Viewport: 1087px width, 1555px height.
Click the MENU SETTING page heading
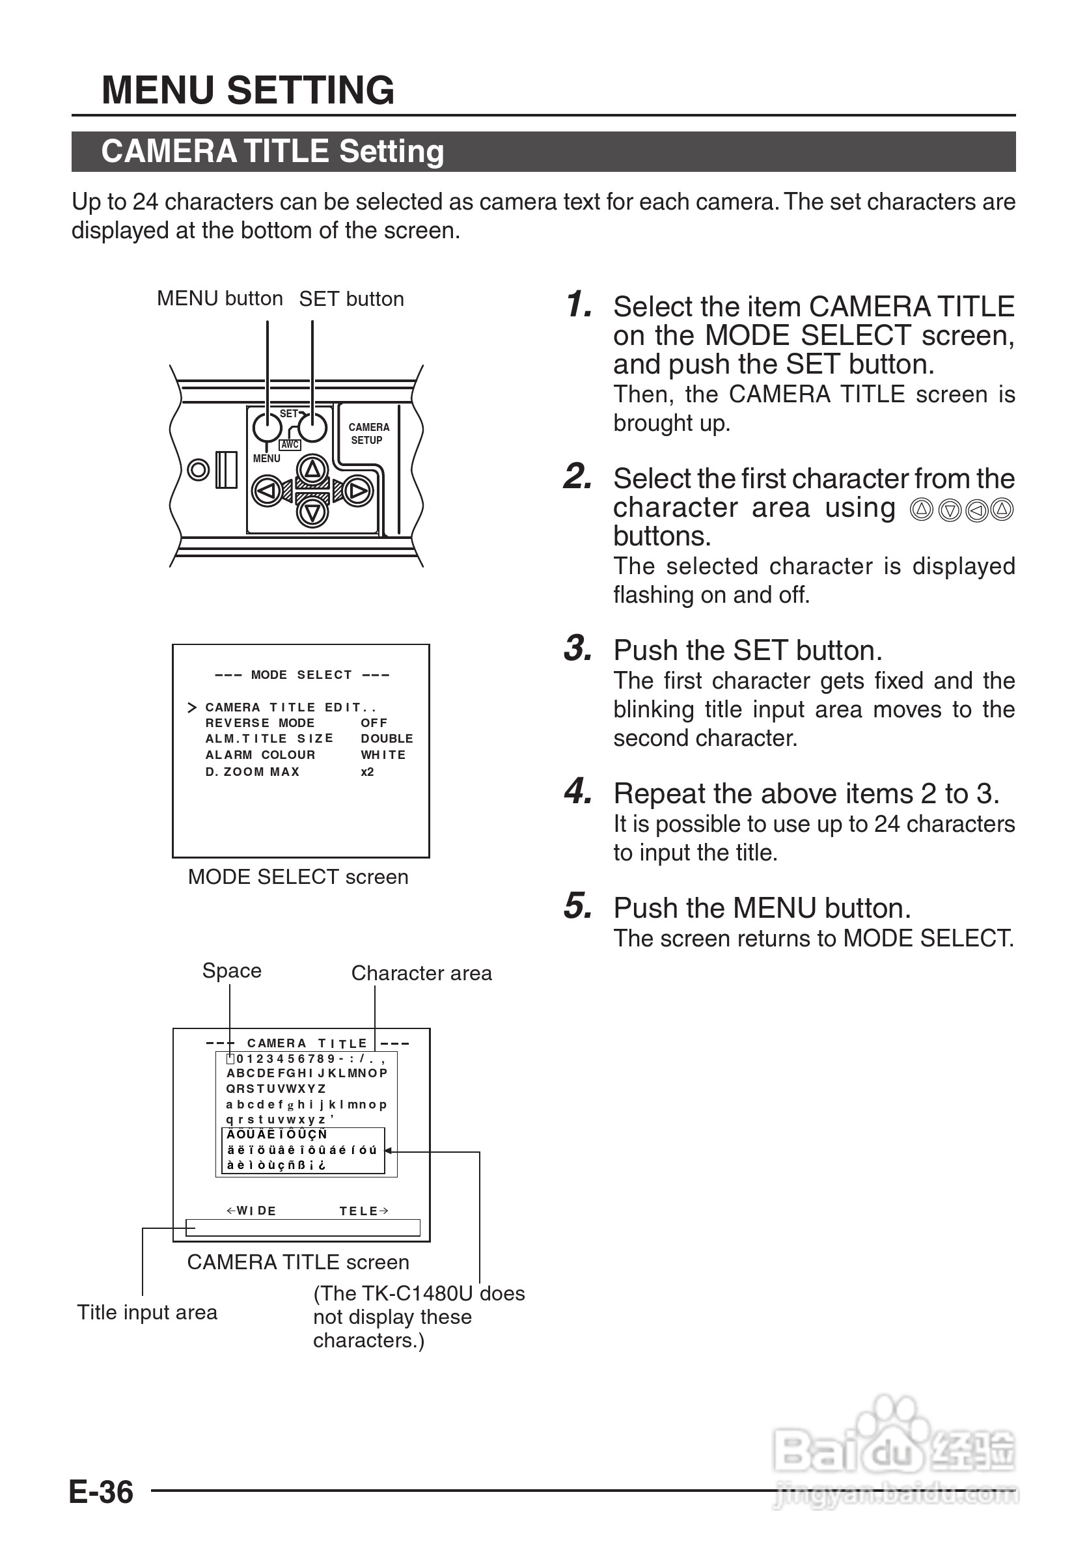pyautogui.click(x=247, y=90)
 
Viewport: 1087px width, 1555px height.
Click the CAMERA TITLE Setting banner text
pyautogui.click(x=272, y=151)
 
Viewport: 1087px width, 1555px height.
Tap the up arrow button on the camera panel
pyautogui.click(x=312, y=469)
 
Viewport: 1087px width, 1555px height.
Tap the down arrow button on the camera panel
pyautogui.click(x=312, y=513)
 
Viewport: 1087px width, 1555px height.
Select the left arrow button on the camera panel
pyautogui.click(x=267, y=490)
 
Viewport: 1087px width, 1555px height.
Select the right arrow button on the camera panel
pyautogui.click(x=357, y=490)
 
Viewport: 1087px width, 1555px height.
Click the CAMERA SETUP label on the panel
pyautogui.click(x=368, y=433)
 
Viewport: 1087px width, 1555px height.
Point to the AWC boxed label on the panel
pyautogui.click(x=290, y=445)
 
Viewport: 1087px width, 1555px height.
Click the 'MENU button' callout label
pyautogui.click(x=219, y=299)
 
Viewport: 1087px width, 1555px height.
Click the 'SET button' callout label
pyautogui.click(x=351, y=299)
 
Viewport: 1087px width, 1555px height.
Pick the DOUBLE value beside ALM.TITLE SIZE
pyautogui.click(x=387, y=738)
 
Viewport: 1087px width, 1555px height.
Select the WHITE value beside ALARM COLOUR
pyautogui.click(x=383, y=754)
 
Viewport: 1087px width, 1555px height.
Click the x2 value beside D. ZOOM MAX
pyautogui.click(x=367, y=771)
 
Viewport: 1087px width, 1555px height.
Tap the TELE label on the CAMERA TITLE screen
pyautogui.click(x=364, y=1211)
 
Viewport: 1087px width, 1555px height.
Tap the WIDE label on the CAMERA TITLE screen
pyautogui.click(x=252, y=1211)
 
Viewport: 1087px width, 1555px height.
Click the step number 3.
pyautogui.click(x=578, y=648)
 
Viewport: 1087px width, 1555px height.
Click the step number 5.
pyautogui.click(x=578, y=905)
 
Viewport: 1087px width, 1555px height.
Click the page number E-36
pyautogui.click(x=102, y=1492)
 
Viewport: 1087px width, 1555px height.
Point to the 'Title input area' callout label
pyautogui.click(x=147, y=1312)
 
